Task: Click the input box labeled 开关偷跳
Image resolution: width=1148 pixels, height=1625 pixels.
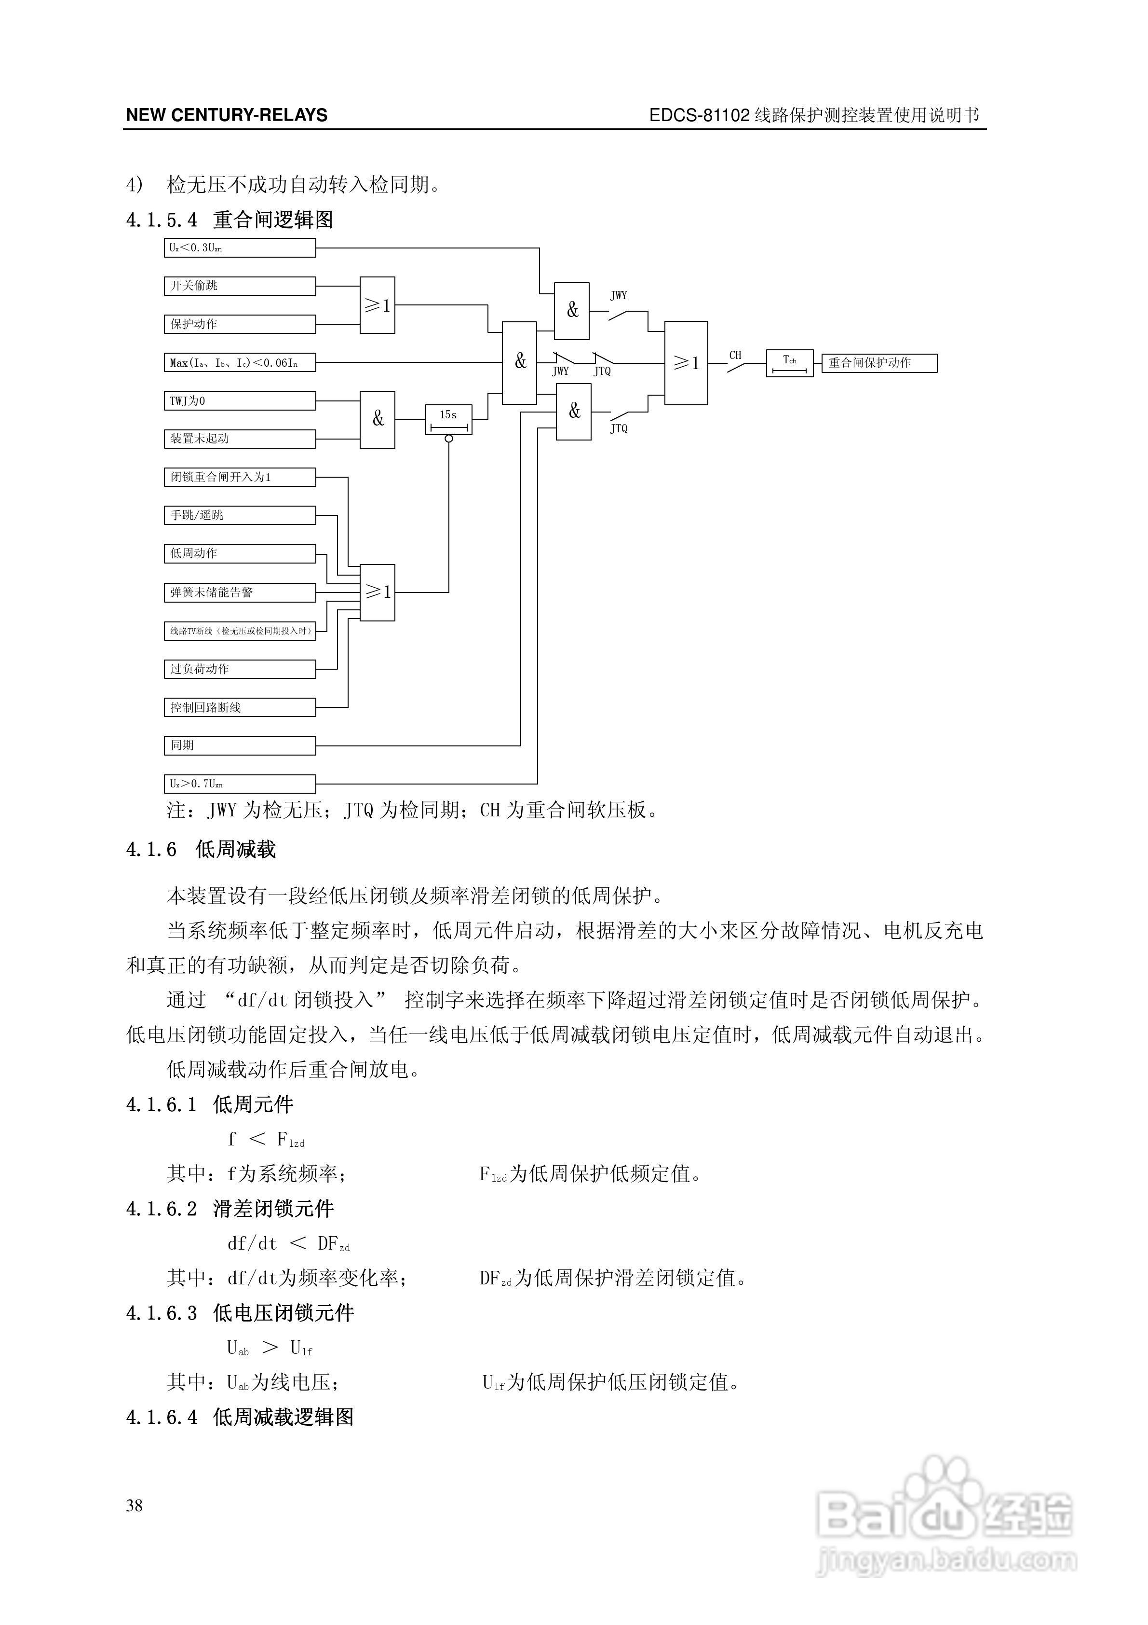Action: click(x=239, y=286)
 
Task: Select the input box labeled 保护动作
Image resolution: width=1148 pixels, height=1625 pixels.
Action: click(x=239, y=324)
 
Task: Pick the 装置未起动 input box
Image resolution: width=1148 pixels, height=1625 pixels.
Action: click(x=239, y=439)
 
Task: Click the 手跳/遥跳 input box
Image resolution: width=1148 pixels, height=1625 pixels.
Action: click(x=239, y=515)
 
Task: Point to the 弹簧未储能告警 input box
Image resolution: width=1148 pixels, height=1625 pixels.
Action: click(x=239, y=592)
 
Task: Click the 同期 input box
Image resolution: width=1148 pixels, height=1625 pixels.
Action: click(x=239, y=745)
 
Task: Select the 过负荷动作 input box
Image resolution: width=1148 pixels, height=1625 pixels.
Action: click(x=239, y=669)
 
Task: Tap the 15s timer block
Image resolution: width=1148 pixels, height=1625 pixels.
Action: click(x=448, y=419)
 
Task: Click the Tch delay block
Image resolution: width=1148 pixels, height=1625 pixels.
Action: click(x=789, y=363)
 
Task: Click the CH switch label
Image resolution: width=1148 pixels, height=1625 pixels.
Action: click(x=736, y=355)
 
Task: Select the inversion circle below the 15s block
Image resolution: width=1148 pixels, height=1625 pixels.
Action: click(x=448, y=439)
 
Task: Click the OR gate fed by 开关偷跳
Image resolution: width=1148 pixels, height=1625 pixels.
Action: click(x=377, y=305)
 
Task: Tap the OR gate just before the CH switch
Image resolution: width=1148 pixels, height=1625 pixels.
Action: click(x=686, y=363)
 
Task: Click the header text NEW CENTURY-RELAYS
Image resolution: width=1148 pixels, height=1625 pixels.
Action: click(x=226, y=115)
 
